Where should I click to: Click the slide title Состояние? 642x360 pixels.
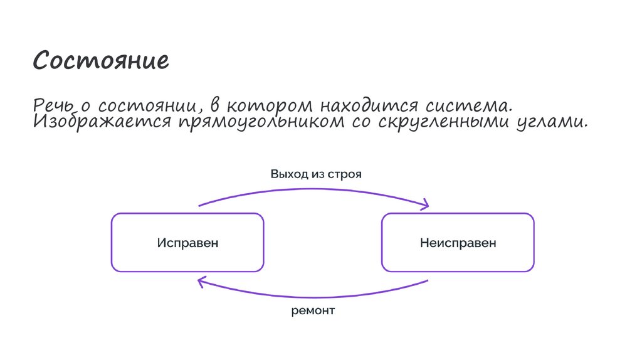point(101,61)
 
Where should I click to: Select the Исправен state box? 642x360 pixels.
point(187,243)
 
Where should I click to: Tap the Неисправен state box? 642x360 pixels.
point(458,243)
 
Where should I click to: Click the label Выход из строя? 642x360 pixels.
point(316,173)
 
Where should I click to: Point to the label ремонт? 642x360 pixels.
point(313,310)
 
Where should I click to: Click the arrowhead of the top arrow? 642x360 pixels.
point(426,204)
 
